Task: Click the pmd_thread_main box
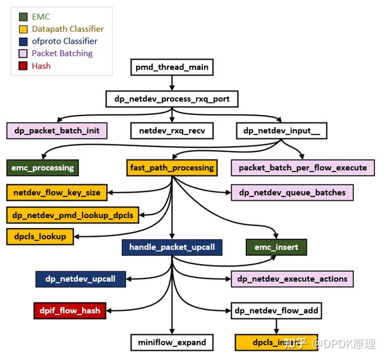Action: click(x=171, y=67)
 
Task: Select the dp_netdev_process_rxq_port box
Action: click(x=171, y=98)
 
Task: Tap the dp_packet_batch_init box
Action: click(x=56, y=130)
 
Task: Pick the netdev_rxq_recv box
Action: click(x=171, y=130)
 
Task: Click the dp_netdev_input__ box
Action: click(x=281, y=130)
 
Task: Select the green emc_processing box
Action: click(x=43, y=167)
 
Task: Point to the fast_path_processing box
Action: click(x=171, y=167)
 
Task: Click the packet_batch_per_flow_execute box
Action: click(x=302, y=167)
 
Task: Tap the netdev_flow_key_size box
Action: click(x=57, y=193)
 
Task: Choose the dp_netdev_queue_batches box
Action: click(x=292, y=193)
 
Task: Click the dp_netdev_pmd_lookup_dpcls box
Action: click(x=73, y=215)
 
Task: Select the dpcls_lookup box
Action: click(x=40, y=236)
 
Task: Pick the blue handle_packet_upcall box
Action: click(x=171, y=247)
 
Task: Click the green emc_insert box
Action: click(x=276, y=247)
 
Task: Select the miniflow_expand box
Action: click(x=171, y=342)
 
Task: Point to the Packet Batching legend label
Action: click(x=62, y=53)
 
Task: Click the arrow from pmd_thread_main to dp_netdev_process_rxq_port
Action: click(x=171, y=83)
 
